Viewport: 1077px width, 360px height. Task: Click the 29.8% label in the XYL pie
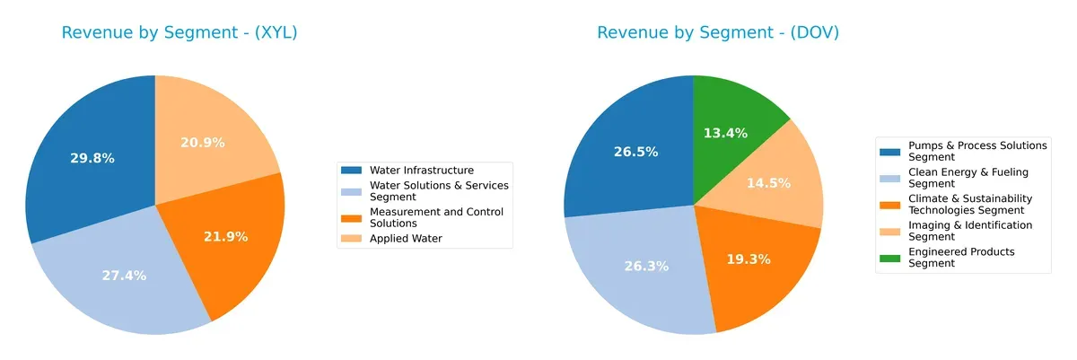pos(92,158)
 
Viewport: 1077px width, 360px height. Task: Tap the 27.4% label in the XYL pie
pos(124,275)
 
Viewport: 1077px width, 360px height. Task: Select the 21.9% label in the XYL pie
pos(226,237)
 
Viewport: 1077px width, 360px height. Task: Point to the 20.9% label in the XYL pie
pos(203,143)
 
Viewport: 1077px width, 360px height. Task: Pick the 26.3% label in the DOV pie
pos(644,266)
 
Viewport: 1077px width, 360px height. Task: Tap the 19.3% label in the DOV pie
pos(748,259)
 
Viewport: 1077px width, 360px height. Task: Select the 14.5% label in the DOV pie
pos(768,183)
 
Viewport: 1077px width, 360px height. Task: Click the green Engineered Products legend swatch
pos(890,252)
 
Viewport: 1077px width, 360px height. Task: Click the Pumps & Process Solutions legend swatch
pos(890,145)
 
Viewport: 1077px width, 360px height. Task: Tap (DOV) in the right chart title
pos(810,33)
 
